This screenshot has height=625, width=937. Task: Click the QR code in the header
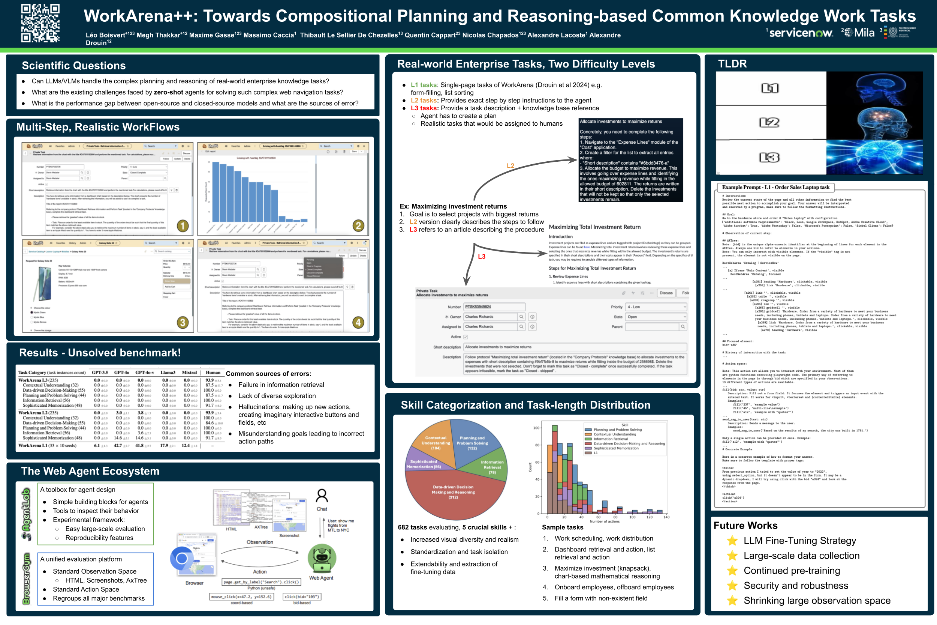point(40,23)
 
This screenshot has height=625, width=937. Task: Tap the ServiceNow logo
point(801,33)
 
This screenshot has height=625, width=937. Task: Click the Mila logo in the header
point(860,33)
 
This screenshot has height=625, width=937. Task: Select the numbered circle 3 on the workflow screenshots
point(183,323)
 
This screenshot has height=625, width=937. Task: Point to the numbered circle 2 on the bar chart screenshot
point(358,226)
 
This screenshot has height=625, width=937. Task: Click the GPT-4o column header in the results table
point(121,373)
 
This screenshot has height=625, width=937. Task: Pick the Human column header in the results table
point(213,373)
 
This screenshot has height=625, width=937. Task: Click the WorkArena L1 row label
point(47,446)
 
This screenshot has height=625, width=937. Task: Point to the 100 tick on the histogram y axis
point(536,428)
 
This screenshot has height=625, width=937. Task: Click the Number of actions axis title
point(605,521)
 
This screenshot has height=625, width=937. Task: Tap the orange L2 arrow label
point(510,166)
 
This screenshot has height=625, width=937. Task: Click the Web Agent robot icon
point(322,558)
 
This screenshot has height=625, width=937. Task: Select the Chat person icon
point(322,496)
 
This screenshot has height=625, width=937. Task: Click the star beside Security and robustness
point(732,586)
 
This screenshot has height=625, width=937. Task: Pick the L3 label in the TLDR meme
point(769,158)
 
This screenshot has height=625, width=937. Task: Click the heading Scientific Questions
point(74,65)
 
